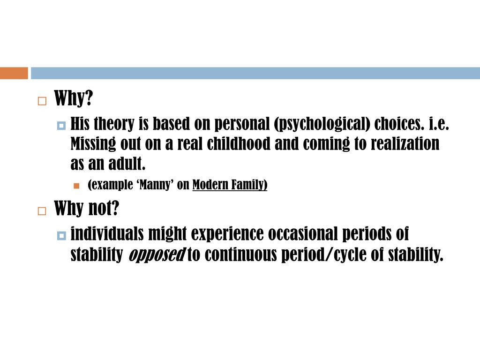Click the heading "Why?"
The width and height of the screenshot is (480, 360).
point(74,99)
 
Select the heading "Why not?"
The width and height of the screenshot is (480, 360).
point(87,209)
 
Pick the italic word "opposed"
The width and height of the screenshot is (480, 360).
point(156,255)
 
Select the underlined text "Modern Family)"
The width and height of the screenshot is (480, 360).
point(230,185)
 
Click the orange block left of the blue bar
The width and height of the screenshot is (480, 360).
point(14,73)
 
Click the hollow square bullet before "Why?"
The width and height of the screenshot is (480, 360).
point(42,101)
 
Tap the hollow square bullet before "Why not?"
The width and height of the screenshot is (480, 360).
point(42,210)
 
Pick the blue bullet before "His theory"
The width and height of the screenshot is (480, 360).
point(61,126)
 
